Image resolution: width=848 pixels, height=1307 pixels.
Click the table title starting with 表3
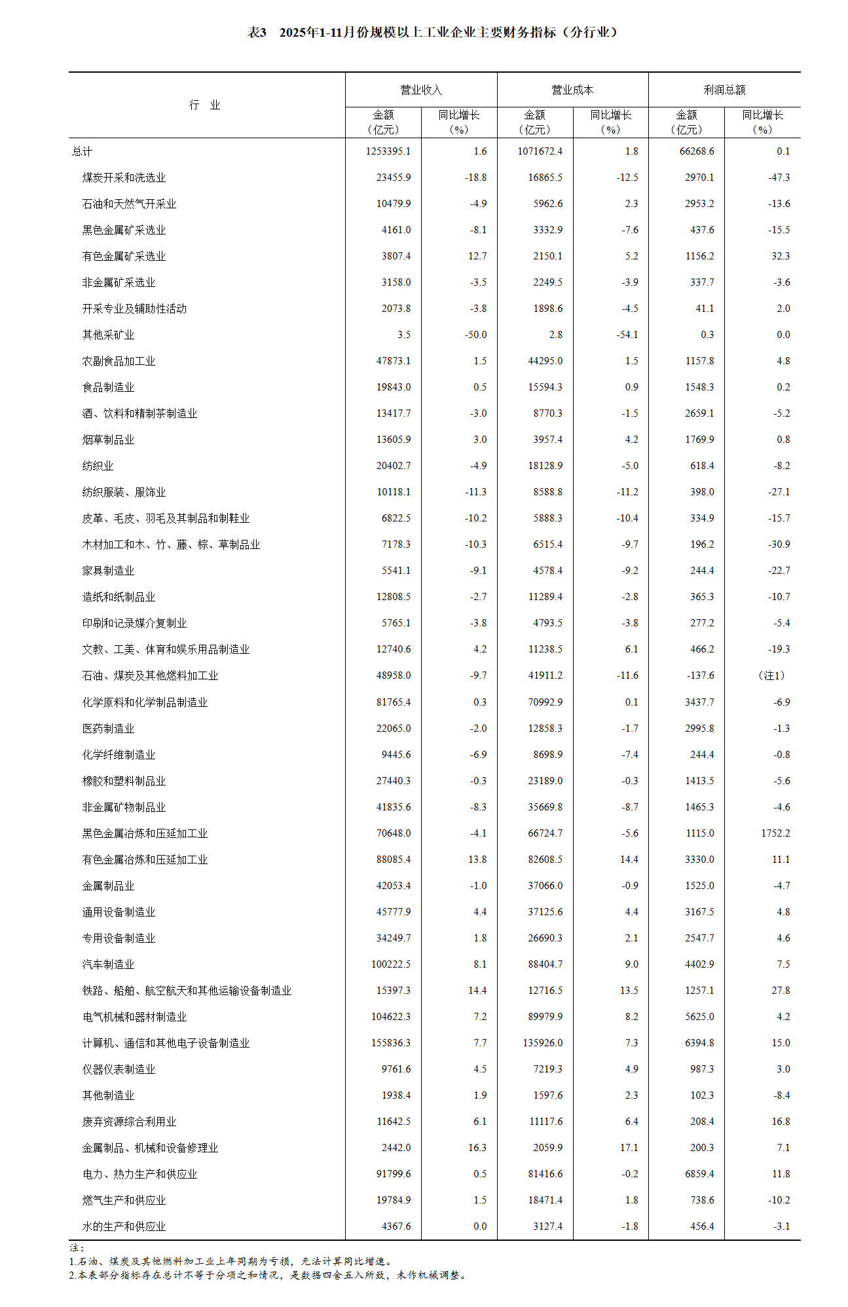pos(432,32)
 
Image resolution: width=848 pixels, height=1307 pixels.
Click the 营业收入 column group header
pos(421,90)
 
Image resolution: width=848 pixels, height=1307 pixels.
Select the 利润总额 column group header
pos(724,90)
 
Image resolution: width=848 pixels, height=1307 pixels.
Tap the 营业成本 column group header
pos(572,90)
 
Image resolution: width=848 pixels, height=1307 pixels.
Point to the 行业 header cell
pos(205,105)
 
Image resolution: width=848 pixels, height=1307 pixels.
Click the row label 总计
pos(83,151)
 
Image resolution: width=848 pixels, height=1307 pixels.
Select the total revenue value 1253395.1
pos(388,151)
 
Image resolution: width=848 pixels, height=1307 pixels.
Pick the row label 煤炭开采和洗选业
pos(124,178)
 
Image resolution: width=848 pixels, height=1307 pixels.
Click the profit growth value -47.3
pos(779,178)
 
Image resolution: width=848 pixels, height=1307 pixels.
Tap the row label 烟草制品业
pos(108,440)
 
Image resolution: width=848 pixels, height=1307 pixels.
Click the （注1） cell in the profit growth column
pos(771,675)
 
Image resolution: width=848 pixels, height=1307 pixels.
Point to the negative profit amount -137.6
pos(698,675)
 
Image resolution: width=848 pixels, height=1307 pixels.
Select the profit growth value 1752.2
pos(775,833)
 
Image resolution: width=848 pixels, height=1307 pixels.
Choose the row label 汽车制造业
pos(108,964)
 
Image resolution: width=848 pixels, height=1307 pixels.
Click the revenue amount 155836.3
pos(391,1043)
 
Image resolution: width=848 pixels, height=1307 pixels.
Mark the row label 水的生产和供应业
pos(124,1226)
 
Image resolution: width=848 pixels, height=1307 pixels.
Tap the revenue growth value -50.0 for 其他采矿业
pos(475,335)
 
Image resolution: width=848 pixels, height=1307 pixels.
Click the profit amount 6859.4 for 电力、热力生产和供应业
pos(699,1174)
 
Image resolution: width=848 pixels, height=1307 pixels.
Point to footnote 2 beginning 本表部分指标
pos(268,1275)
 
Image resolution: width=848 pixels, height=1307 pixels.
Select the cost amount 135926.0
pos(542,1043)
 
